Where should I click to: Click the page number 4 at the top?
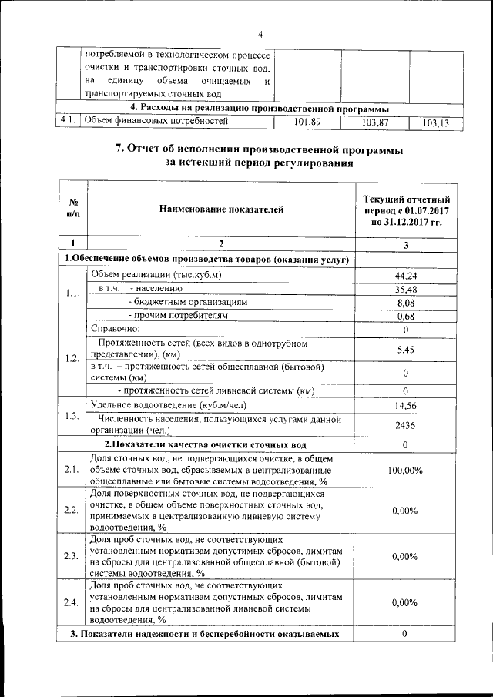coord(260,35)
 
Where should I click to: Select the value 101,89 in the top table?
coord(307,122)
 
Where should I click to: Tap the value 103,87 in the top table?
coord(374,122)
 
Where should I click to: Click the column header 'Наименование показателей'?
coord(221,208)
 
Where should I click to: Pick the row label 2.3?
coord(71,556)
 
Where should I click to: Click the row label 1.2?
coord(72,358)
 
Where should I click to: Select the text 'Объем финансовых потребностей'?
coord(156,121)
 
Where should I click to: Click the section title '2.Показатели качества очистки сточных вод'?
coord(205,445)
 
